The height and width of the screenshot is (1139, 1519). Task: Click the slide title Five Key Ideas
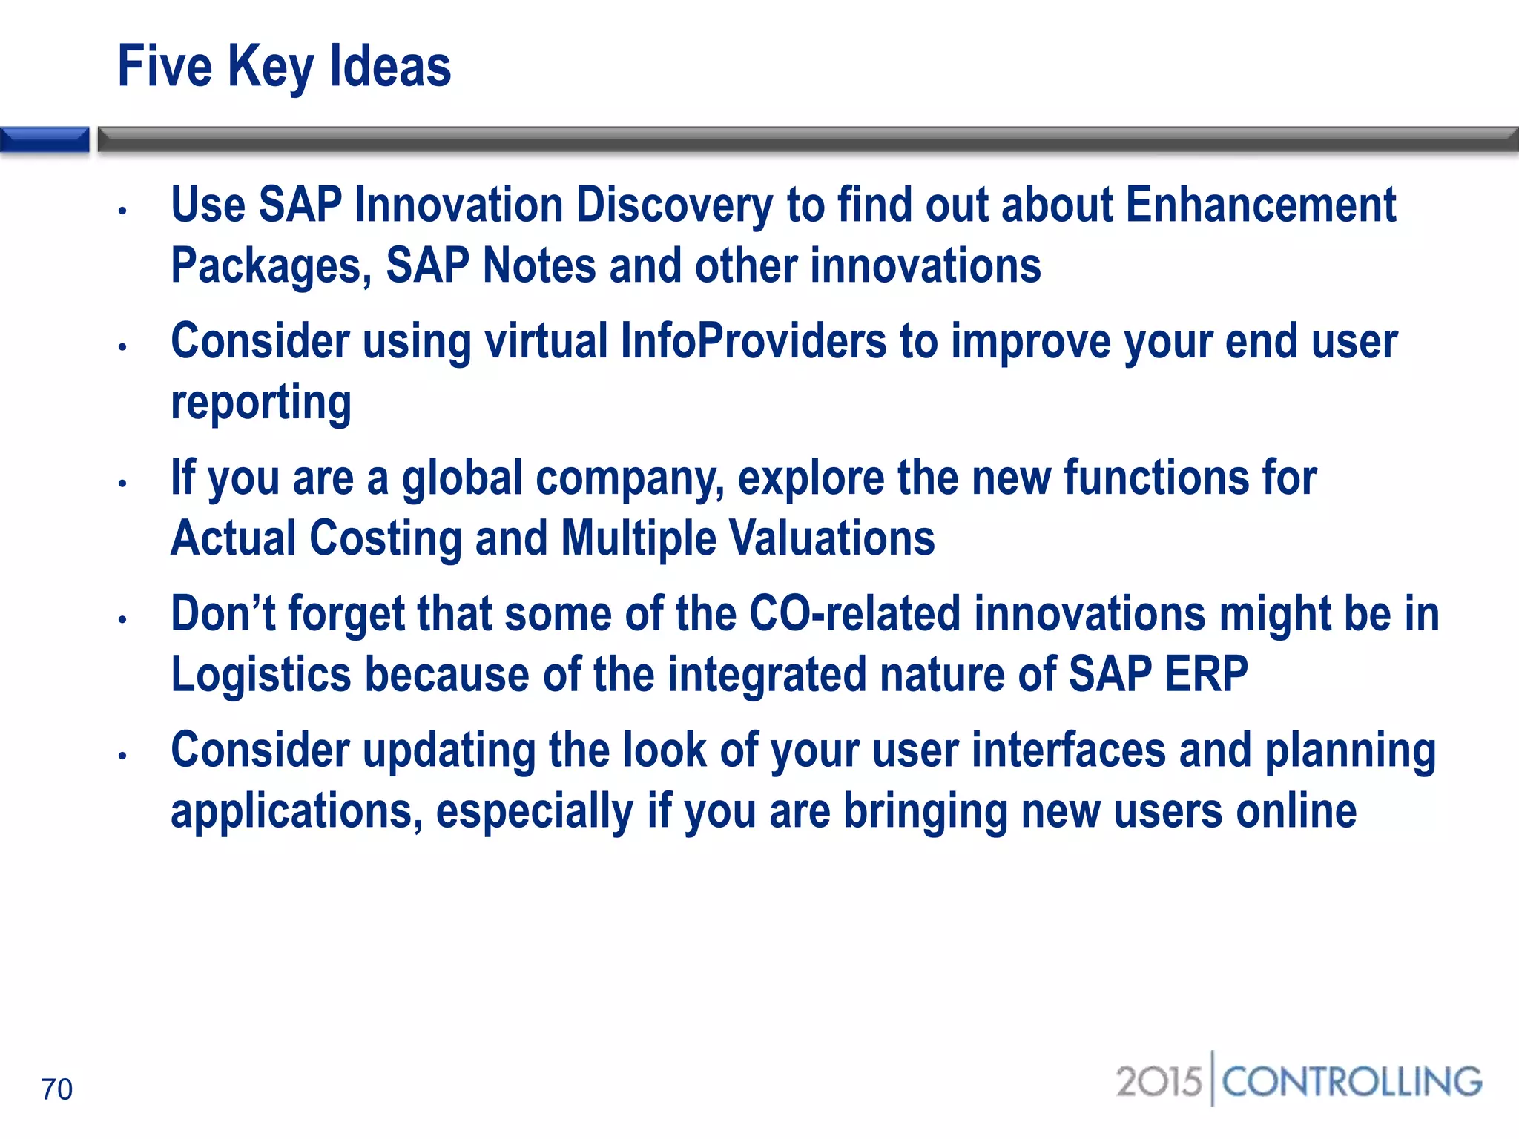[284, 67]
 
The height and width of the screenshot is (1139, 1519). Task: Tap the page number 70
[56, 1089]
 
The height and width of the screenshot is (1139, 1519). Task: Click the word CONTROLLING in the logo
[1351, 1082]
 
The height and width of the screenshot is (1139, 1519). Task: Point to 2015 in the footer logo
[1159, 1082]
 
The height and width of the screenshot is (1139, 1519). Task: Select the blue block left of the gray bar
[45, 139]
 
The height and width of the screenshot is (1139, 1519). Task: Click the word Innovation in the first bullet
[458, 205]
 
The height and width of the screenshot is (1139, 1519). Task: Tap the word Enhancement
[1261, 205]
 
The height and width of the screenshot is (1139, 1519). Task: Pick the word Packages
[271, 267]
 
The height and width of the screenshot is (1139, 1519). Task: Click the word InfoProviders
[753, 341]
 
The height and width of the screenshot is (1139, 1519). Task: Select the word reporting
[261, 403]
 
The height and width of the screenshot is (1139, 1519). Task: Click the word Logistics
[261, 675]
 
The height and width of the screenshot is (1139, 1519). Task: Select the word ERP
[1206, 675]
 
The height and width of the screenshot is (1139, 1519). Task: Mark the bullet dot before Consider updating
[123, 756]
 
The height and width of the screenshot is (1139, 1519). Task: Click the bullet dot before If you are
[123, 483]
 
